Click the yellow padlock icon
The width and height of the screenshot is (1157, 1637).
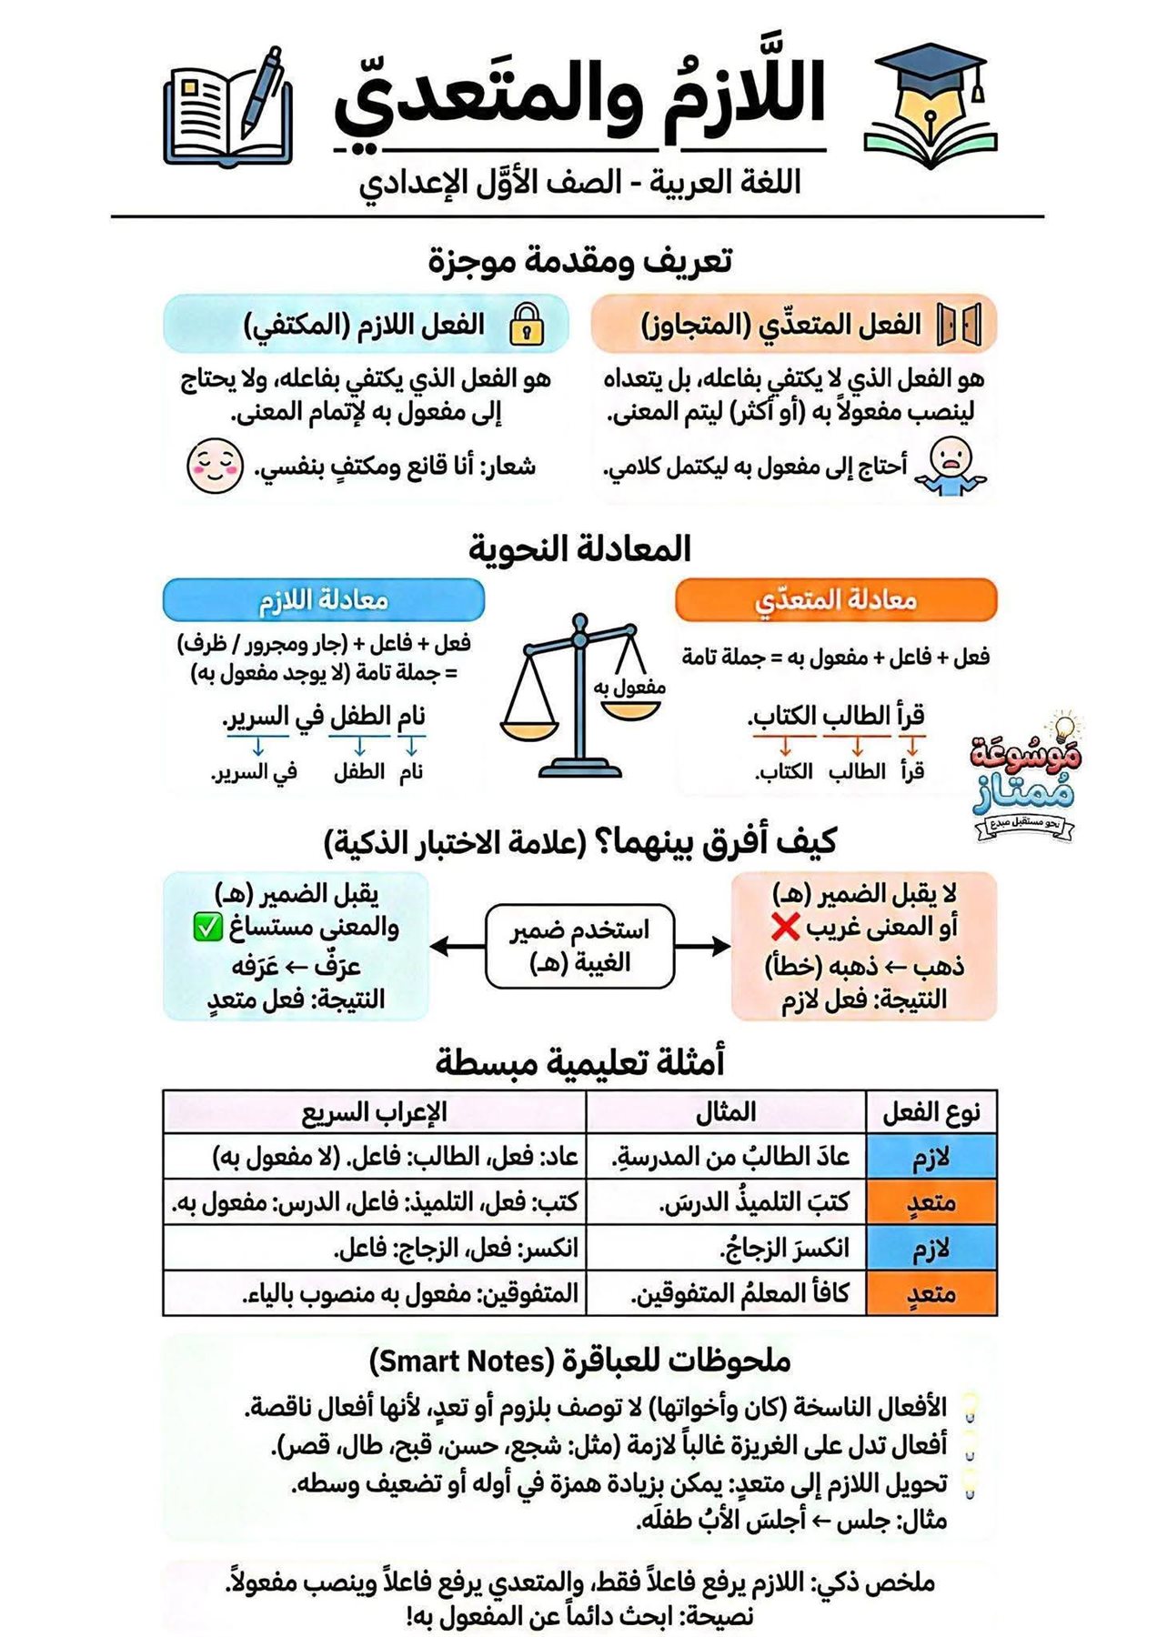526,324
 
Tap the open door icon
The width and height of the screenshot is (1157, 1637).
959,325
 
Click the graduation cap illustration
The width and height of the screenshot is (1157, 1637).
930,105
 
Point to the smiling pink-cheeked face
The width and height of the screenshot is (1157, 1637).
215,466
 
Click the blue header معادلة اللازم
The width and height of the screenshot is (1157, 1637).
324,600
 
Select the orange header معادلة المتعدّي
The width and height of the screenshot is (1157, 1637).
836,600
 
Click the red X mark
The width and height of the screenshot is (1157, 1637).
785,928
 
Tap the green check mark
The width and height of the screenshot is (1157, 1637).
207,928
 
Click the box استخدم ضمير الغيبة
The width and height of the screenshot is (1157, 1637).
579,946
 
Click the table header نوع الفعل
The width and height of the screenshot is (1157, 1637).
931,1112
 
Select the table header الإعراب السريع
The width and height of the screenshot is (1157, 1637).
375,1112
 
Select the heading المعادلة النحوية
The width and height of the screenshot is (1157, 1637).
579,549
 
